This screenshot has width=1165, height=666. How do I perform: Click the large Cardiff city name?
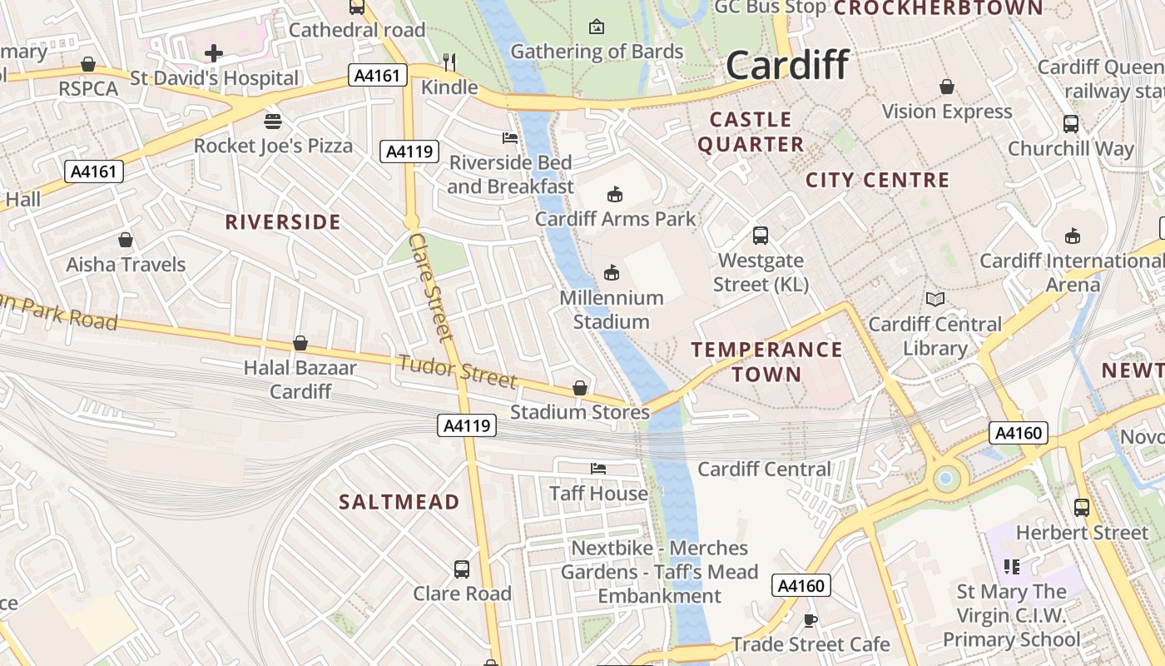787,65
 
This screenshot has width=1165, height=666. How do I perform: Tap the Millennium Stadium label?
612,310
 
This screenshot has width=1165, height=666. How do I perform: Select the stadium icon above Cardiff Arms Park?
614,195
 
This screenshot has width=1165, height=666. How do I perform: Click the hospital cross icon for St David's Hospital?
214,53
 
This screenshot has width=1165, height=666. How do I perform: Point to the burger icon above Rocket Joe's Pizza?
272,122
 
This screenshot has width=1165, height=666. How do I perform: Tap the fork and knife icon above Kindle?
449,62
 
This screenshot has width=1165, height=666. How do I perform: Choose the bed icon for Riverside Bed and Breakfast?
510,137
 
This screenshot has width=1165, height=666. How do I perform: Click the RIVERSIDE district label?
283,222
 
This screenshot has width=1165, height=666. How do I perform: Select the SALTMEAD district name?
399,502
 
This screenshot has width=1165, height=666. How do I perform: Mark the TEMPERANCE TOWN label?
767,361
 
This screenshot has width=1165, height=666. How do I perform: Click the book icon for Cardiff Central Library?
935,299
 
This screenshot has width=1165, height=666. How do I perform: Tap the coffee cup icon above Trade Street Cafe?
810,620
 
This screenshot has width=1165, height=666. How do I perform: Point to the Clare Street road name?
431,286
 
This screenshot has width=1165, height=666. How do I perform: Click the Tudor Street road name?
457,371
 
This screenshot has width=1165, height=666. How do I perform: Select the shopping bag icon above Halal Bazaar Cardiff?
300,343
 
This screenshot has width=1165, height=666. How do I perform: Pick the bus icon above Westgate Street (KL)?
761,236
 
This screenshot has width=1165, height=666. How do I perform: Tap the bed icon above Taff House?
598,469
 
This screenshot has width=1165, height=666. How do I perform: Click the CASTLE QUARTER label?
751,132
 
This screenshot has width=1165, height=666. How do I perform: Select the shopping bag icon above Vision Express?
947,87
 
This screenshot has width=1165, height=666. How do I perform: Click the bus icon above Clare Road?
462,569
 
